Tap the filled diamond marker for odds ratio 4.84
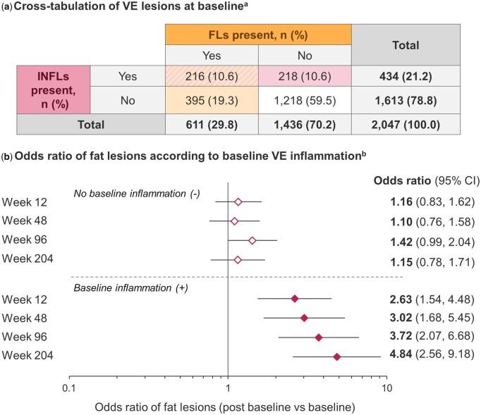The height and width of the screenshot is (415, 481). click(336, 357)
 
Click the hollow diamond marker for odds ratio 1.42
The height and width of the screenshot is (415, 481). click(252, 240)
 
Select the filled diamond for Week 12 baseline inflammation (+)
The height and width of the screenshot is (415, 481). click(295, 299)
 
